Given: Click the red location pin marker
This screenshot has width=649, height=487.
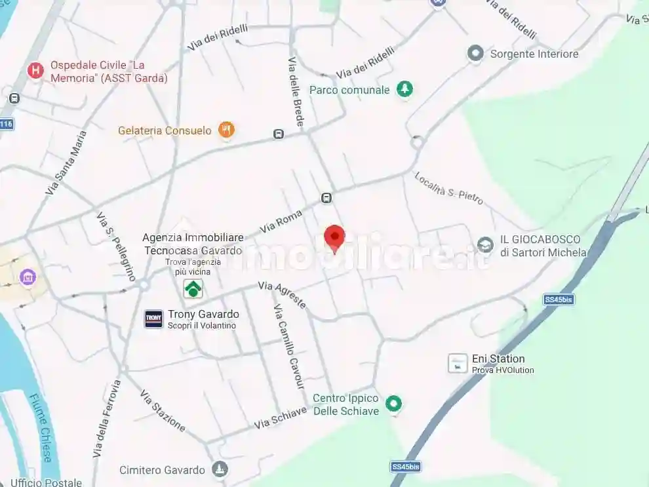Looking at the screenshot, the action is [334, 237].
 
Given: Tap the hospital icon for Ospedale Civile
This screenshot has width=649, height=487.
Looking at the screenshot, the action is [35, 71].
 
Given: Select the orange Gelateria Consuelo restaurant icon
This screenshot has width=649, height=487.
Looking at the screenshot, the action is [226, 130].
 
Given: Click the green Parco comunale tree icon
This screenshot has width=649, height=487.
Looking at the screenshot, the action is [405, 89].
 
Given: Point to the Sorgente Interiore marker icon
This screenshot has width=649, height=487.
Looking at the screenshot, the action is [475, 54].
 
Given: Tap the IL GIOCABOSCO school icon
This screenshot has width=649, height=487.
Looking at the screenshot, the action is [485, 245].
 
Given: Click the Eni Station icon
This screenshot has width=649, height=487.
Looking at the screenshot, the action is [458, 363].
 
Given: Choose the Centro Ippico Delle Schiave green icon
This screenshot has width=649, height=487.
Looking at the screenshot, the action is [393, 404].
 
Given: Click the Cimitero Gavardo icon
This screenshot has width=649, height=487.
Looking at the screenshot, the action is [220, 469].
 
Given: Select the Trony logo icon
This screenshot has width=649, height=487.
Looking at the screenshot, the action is [153, 319].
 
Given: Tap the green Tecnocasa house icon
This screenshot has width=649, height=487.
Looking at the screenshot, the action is [193, 288].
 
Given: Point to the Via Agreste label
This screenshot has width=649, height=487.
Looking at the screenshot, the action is [282, 294].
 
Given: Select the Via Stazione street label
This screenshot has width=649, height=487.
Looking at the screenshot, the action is [163, 410].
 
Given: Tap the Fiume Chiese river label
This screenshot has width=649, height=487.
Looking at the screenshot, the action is [39, 428].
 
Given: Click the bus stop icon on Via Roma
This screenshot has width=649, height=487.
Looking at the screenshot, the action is [326, 198].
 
